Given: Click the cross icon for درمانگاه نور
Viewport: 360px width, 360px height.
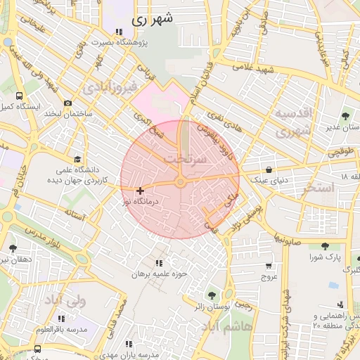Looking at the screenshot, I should (141, 190).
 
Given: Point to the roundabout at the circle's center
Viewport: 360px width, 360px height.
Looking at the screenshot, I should (181, 183).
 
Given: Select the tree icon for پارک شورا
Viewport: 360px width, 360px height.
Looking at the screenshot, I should (324, 246).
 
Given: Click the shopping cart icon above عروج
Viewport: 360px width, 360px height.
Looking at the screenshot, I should (269, 266).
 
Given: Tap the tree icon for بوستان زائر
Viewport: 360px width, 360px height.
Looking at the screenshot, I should (211, 295).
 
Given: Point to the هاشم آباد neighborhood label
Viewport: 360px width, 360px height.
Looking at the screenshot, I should (221, 328).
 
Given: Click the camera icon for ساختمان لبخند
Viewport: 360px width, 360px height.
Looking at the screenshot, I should (67, 103).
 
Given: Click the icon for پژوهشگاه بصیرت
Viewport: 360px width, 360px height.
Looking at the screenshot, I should (118, 32).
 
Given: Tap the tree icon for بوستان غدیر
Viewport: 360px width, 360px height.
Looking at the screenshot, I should (345, 116).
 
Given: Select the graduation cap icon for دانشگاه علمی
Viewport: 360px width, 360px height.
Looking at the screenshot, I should (77, 159).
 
